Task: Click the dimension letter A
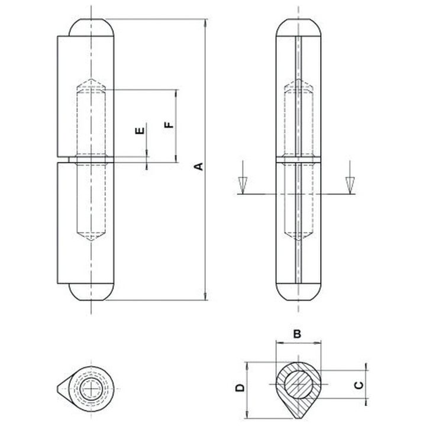199,166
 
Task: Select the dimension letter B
298,334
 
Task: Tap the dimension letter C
359,385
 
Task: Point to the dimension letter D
240,388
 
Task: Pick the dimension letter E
140,131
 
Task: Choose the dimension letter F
169,125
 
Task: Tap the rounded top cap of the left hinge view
91,27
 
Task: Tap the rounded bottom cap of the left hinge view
91,292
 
